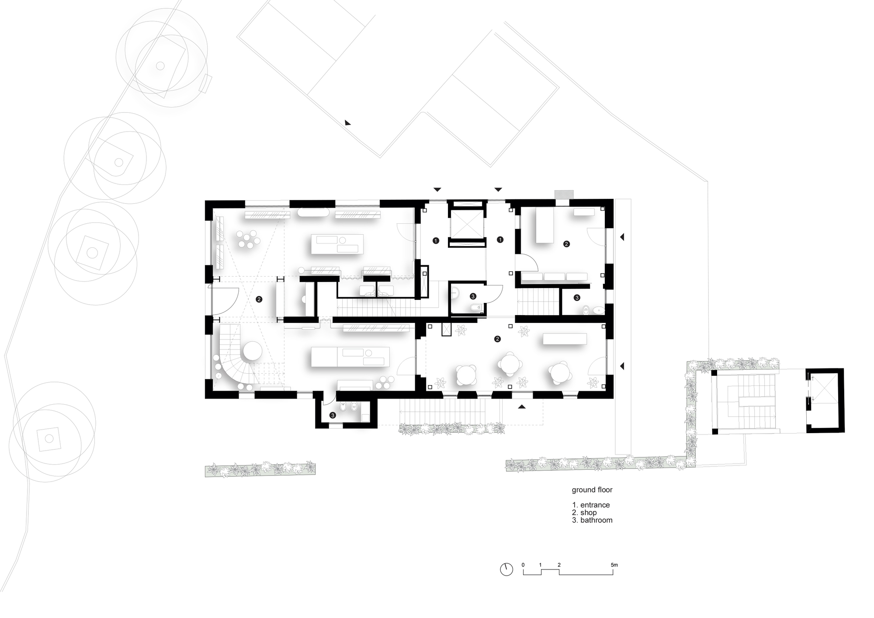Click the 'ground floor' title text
[592, 490]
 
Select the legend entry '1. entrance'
[591, 505]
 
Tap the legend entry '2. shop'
[584, 513]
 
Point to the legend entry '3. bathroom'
[592, 520]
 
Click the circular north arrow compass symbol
[506, 569]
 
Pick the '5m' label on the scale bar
[614, 565]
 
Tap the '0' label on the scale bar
[523, 565]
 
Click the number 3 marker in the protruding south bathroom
[333, 415]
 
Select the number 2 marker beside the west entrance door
[259, 299]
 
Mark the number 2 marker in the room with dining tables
[497, 339]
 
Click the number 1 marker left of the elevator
[435, 240]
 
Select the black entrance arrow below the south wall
[521, 407]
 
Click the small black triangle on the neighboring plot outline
[347, 123]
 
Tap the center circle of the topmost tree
[160, 66]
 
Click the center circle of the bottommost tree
[49, 438]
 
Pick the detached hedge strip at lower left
[260, 469]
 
